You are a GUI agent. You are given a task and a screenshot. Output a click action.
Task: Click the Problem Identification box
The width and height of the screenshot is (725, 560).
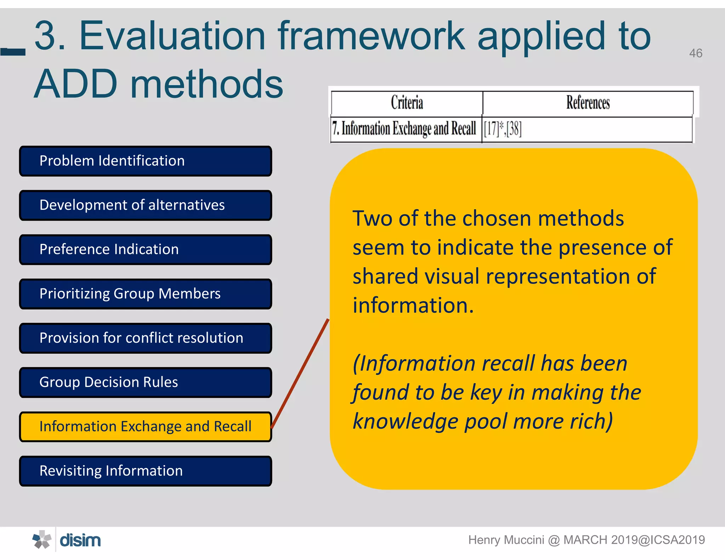pyautogui.click(x=145, y=161)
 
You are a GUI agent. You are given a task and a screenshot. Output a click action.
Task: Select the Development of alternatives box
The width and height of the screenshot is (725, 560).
pyautogui.click(x=145, y=205)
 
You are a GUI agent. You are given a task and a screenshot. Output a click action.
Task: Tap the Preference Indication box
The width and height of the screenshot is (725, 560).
pyautogui.click(x=145, y=250)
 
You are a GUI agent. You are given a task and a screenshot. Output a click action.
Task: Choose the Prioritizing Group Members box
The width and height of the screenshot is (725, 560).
pyautogui.click(x=145, y=294)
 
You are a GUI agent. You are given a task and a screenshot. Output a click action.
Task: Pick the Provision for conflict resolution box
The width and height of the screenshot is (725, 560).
pyautogui.click(x=145, y=338)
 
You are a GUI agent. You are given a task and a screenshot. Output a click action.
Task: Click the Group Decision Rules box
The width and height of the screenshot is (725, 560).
pyautogui.click(x=145, y=382)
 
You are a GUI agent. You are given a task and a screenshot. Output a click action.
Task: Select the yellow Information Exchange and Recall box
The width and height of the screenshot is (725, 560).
pyautogui.click(x=145, y=427)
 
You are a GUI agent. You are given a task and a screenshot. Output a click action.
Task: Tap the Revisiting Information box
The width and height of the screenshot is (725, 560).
pyautogui.click(x=145, y=471)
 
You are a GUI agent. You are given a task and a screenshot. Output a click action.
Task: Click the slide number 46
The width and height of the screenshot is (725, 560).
pyautogui.click(x=695, y=53)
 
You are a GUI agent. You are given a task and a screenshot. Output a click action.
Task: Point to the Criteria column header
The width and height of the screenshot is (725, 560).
pyautogui.click(x=407, y=103)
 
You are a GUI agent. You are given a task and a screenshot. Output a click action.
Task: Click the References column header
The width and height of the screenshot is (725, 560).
pyautogui.click(x=588, y=103)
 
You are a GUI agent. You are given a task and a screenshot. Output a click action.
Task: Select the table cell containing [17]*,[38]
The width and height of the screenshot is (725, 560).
pyautogui.click(x=587, y=129)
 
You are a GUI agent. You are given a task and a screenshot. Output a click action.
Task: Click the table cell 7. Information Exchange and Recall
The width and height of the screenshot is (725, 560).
pyautogui.click(x=406, y=129)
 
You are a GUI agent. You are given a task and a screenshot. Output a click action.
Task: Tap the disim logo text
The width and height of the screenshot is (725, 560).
pyautogui.click(x=80, y=541)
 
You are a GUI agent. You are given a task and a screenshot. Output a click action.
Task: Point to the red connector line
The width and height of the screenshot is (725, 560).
pyautogui.click(x=300, y=373)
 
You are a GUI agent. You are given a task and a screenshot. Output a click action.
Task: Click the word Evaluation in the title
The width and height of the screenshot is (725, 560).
pyautogui.click(x=172, y=36)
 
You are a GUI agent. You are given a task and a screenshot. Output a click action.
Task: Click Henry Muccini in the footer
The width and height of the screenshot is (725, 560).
pyautogui.click(x=506, y=540)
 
